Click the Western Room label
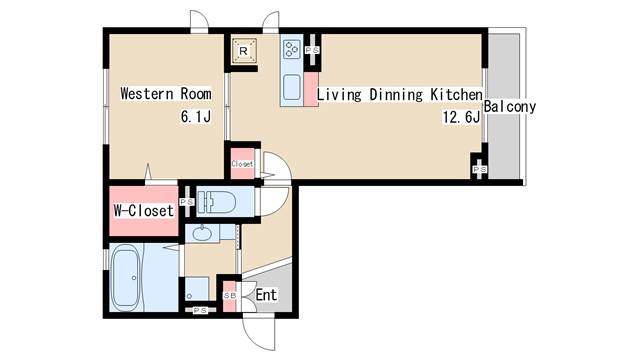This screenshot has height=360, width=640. [166, 94]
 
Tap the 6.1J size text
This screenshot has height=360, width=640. [196, 117]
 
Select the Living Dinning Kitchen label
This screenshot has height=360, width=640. [400, 95]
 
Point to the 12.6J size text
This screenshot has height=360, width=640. [461, 117]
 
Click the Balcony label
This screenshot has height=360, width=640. [509, 107]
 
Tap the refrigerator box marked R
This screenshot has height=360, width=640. [244, 51]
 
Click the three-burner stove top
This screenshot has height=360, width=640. [292, 49]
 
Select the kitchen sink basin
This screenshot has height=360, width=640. [292, 87]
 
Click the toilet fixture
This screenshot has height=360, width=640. [216, 201]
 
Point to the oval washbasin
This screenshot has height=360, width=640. [201, 234]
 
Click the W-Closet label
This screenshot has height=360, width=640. [144, 211]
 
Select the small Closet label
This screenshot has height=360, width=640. [242, 164]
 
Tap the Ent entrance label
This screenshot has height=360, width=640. [266, 295]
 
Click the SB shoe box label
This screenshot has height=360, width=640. [230, 296]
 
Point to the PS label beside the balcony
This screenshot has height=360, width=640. [480, 169]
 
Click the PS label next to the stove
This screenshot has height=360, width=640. [312, 50]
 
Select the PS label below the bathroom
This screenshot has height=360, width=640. [200, 311]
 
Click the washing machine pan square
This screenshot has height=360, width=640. [197, 289]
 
